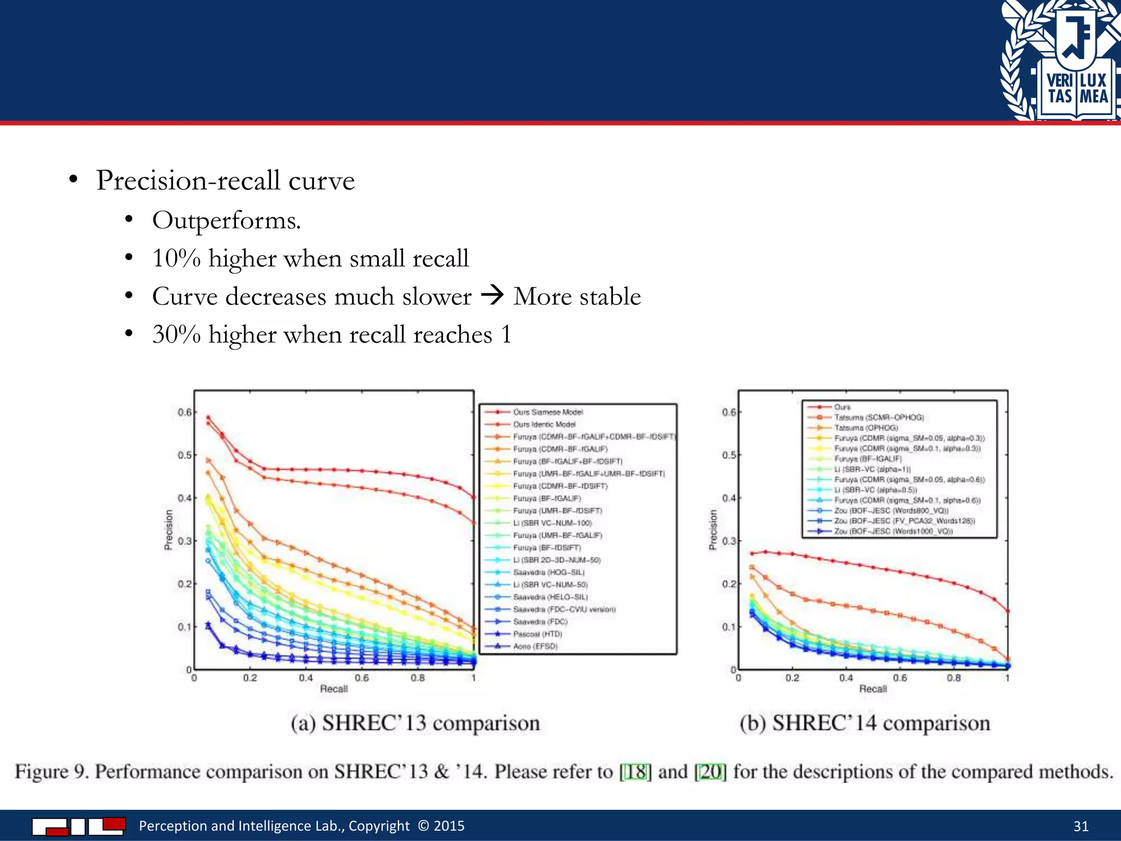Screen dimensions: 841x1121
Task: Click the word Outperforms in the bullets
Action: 226,221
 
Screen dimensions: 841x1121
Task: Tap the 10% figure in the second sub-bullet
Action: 176,258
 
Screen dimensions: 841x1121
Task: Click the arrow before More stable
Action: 492,296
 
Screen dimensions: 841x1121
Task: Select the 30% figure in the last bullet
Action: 176,335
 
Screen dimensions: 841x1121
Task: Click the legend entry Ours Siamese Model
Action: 547,412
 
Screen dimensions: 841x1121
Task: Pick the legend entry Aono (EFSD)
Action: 535,646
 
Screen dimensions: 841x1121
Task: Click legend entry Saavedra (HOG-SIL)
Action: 548,572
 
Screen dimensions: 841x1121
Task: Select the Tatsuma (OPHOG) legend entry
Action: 865,428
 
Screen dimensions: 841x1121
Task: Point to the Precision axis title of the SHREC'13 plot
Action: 169,529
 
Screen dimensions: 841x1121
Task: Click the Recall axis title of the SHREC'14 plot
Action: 872,689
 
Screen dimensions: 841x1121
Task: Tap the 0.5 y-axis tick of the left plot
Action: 184,455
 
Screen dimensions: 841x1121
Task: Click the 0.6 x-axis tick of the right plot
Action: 899,678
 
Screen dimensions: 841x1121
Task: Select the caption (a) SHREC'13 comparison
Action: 415,723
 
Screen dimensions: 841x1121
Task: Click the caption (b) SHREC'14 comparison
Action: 864,723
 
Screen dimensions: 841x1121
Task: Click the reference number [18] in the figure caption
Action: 635,772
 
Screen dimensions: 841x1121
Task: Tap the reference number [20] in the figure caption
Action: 710,772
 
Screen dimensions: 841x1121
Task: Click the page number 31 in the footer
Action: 1080,826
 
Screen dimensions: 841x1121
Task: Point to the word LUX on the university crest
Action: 1093,80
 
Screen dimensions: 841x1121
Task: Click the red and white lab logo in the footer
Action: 79,826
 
